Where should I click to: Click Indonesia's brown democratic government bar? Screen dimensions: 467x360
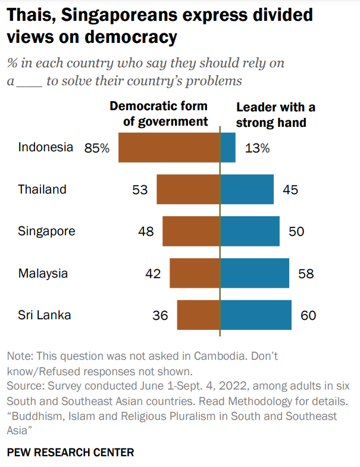coord(169,148)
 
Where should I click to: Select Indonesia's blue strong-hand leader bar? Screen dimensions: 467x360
coord(228,148)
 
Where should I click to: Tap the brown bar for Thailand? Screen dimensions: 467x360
coord(188,190)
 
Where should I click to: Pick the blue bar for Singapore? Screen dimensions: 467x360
coord(250,231)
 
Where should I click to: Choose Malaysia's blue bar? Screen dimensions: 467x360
coord(255,273)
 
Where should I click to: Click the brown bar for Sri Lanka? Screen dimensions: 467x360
coord(198,315)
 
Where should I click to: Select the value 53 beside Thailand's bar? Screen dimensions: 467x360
coord(140,190)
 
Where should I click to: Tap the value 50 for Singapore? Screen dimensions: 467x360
coord(296,231)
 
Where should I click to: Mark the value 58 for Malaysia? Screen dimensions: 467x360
coord(306,274)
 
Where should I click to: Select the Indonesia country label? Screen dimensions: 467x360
coord(45,147)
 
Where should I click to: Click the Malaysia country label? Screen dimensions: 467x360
coord(43,273)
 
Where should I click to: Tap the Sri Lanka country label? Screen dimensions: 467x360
coord(44,315)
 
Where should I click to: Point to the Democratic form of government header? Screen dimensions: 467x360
coord(158,114)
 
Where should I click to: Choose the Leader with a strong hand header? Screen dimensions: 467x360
coord(275,115)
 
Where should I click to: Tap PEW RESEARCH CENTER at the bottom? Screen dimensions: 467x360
coord(70,452)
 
